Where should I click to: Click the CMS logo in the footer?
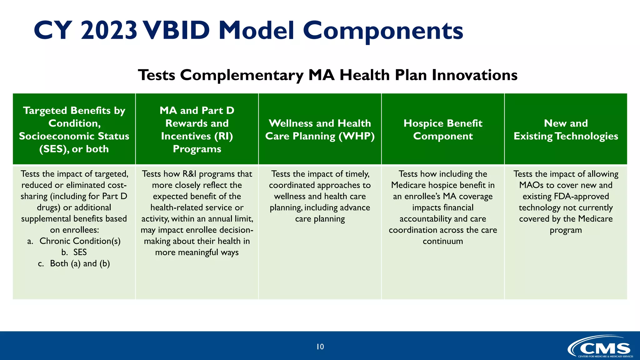point(600,347)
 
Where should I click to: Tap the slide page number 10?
point(320,347)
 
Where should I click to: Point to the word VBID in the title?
point(177,31)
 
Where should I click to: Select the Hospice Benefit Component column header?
point(443,129)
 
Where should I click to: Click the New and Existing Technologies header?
point(566,129)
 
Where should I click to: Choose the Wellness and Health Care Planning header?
point(320,129)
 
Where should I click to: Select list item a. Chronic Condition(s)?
point(74,241)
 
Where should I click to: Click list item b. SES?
point(74,252)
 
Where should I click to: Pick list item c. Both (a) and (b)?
point(74,263)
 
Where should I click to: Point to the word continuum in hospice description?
point(443,241)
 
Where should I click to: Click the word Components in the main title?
point(383,31)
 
